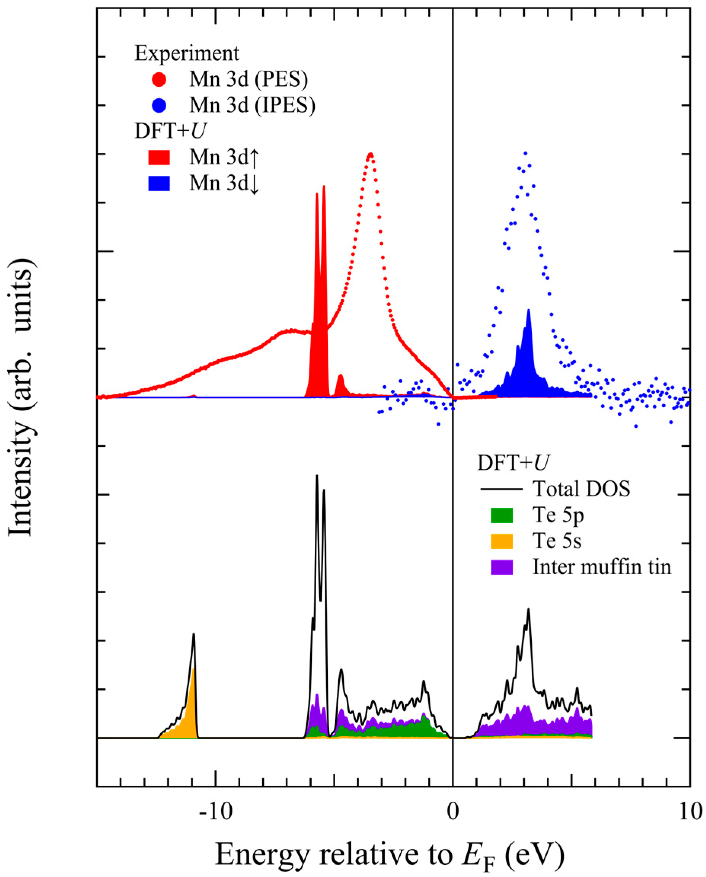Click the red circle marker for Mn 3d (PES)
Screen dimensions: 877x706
pyautogui.click(x=159, y=80)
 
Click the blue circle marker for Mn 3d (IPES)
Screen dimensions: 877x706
pyautogui.click(x=159, y=106)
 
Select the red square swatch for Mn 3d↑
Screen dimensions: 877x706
pyautogui.click(x=159, y=157)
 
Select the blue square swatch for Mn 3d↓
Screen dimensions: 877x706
pyautogui.click(x=159, y=184)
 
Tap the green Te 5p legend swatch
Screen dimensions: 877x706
pyautogui.click(x=502, y=515)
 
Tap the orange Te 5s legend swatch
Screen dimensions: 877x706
pyautogui.click(x=502, y=541)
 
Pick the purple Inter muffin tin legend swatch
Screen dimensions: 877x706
pyautogui.click(x=502, y=567)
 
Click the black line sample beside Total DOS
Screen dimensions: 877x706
pyautogui.click(x=502, y=489)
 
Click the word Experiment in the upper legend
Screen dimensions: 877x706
pyautogui.click(x=187, y=53)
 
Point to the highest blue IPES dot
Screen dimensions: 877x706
pyautogui.click(x=525, y=153)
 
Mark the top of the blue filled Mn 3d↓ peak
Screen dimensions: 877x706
pyautogui.click(x=529, y=310)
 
